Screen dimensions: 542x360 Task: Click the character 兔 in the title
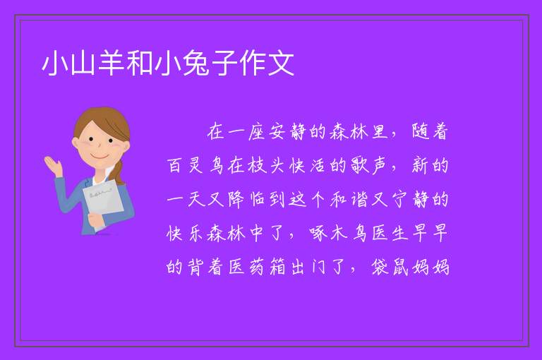click(196, 64)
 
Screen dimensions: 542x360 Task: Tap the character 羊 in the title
click(112, 64)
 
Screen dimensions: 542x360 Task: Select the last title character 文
click(281, 64)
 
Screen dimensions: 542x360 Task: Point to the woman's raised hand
click(52, 165)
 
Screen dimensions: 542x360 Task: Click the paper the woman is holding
click(103, 203)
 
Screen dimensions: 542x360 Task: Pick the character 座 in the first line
click(256, 132)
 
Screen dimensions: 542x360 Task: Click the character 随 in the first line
click(421, 132)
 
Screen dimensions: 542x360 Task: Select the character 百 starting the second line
click(175, 165)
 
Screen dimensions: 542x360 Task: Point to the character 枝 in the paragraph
click(256, 165)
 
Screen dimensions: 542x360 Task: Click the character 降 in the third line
click(236, 200)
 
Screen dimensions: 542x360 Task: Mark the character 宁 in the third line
click(400, 200)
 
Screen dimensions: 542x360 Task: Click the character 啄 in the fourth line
click(318, 233)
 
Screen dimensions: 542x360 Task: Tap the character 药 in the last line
click(256, 268)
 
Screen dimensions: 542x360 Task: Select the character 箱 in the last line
click(277, 268)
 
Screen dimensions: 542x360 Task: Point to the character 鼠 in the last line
click(400, 268)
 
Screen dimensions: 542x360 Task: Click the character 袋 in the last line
click(380, 268)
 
